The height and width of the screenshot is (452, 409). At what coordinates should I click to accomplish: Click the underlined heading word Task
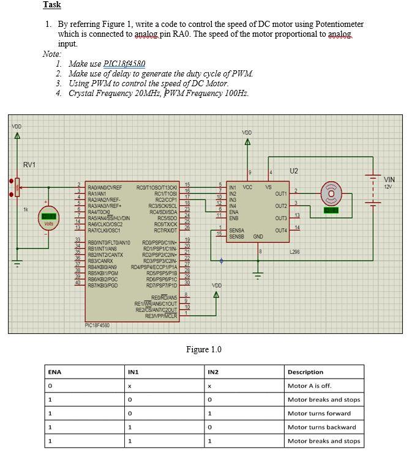(52, 5)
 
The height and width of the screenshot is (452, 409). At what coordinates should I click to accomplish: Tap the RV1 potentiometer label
(29, 165)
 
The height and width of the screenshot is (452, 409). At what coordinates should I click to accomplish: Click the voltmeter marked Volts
(49, 217)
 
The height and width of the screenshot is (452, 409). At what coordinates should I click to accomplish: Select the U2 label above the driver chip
(294, 171)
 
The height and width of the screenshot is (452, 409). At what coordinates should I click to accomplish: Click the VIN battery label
(389, 179)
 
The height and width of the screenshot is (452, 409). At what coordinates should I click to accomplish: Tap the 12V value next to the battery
(389, 187)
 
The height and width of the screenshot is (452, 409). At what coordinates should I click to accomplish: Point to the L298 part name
(295, 251)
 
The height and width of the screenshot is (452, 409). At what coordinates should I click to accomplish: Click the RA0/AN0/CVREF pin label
(105, 187)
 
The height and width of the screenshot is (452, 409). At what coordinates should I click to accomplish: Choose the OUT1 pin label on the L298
(281, 194)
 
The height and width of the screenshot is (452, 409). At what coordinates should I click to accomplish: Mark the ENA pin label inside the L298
(233, 212)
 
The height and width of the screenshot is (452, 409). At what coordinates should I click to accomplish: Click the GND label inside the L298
(258, 236)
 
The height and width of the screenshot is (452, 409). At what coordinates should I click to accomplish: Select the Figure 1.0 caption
(204, 349)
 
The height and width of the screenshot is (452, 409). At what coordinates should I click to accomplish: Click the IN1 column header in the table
(133, 372)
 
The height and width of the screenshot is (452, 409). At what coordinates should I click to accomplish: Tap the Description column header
(305, 372)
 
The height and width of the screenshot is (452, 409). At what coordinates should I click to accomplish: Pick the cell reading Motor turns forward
(319, 413)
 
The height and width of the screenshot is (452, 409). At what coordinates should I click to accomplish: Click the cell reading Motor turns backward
(321, 427)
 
